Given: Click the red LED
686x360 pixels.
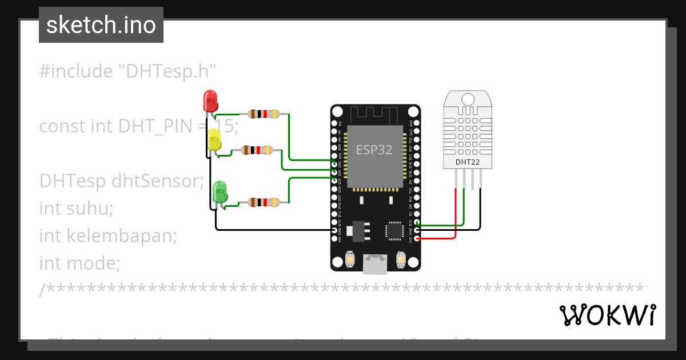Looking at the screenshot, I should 210,101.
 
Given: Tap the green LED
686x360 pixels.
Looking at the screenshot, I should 220,191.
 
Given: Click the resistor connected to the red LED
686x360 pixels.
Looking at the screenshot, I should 264,114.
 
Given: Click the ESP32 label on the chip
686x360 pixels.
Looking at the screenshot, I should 374,150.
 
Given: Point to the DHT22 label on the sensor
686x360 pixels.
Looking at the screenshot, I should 467,162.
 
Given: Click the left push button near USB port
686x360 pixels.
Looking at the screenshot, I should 349,261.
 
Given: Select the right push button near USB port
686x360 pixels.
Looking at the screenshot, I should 401,261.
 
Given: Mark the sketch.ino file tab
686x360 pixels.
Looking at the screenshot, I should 101,25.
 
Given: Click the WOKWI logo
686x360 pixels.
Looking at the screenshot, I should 607,315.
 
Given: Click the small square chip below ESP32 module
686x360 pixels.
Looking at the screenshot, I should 394,230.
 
